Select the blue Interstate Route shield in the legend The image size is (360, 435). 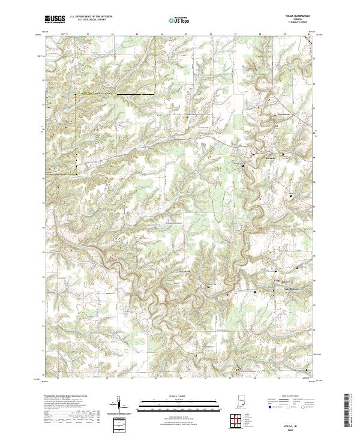(x=268, y=406)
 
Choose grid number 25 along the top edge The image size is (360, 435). (x=185, y=34)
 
